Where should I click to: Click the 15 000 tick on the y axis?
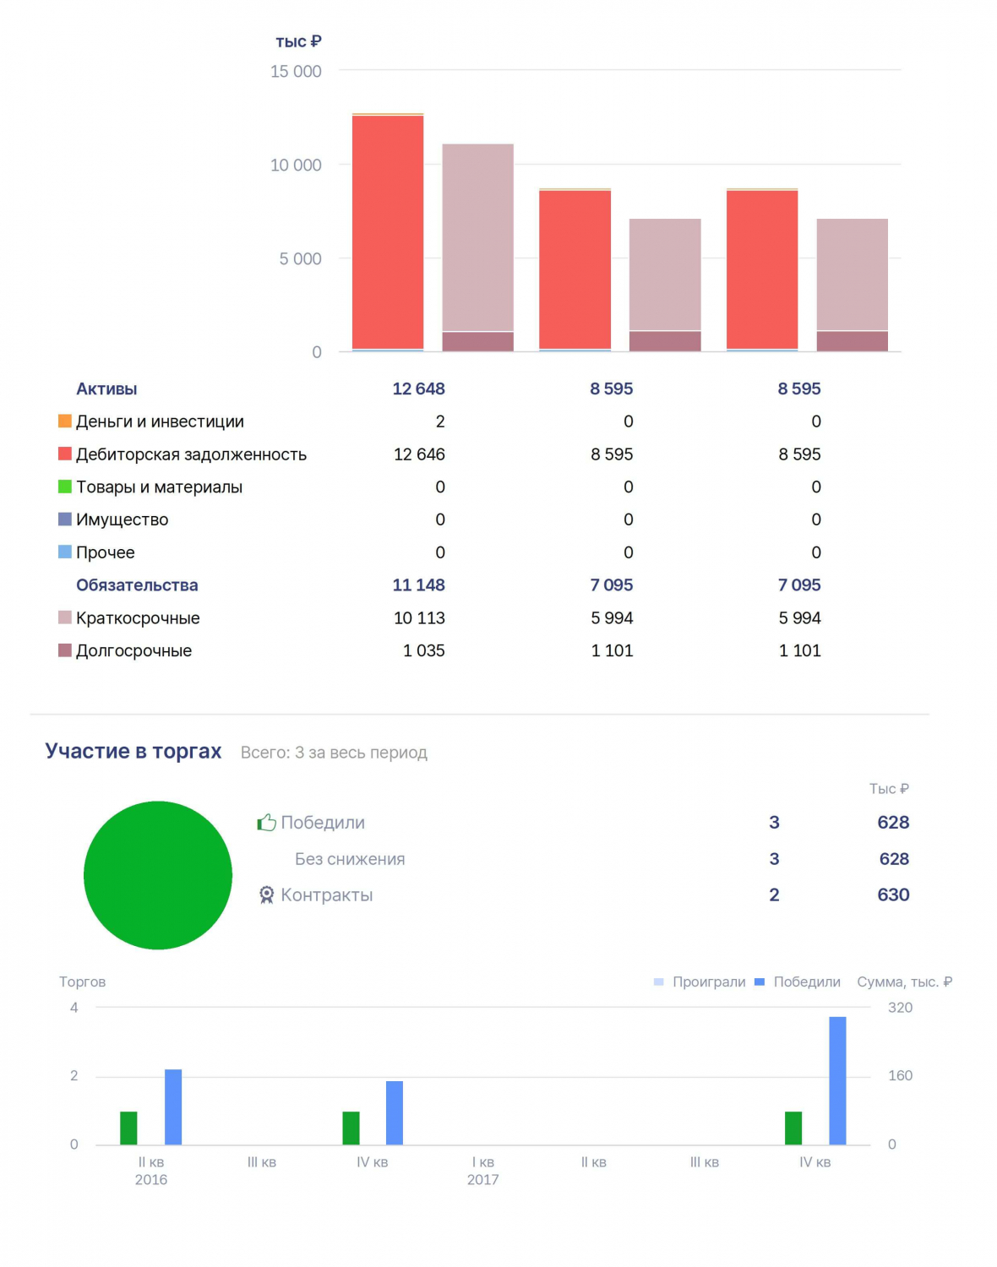tap(296, 72)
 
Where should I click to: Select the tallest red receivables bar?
tap(388, 232)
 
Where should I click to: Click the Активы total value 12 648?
tap(419, 389)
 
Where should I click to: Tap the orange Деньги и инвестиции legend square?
tap(65, 421)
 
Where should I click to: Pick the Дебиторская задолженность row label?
tap(192, 454)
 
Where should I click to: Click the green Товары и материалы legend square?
tap(65, 487)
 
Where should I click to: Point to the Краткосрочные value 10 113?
tap(419, 617)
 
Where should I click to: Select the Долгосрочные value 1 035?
tap(424, 650)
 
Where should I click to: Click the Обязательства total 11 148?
tap(419, 585)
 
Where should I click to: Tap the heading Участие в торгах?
tap(133, 751)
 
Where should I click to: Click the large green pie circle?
tap(158, 875)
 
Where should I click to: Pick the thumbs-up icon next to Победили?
tap(267, 822)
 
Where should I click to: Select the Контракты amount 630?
tap(893, 895)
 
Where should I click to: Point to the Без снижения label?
tap(350, 859)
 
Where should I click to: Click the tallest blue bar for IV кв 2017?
tap(837, 1080)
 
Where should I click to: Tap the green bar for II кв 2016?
tap(128, 1128)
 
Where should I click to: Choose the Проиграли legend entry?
tap(700, 982)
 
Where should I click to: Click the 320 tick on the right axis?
tap(901, 1008)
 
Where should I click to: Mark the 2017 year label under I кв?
tap(483, 1179)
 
